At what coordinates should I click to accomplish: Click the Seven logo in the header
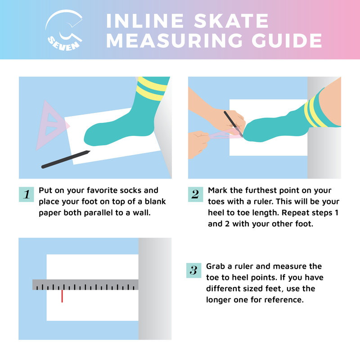[x=65, y=31]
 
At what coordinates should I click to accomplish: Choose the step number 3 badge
[x=193, y=270]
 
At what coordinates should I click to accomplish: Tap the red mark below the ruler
[x=62, y=296]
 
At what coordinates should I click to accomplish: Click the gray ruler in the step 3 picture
[x=85, y=284]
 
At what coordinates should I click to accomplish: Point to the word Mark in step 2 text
[x=218, y=190]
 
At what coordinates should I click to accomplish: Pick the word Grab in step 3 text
[x=216, y=266]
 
